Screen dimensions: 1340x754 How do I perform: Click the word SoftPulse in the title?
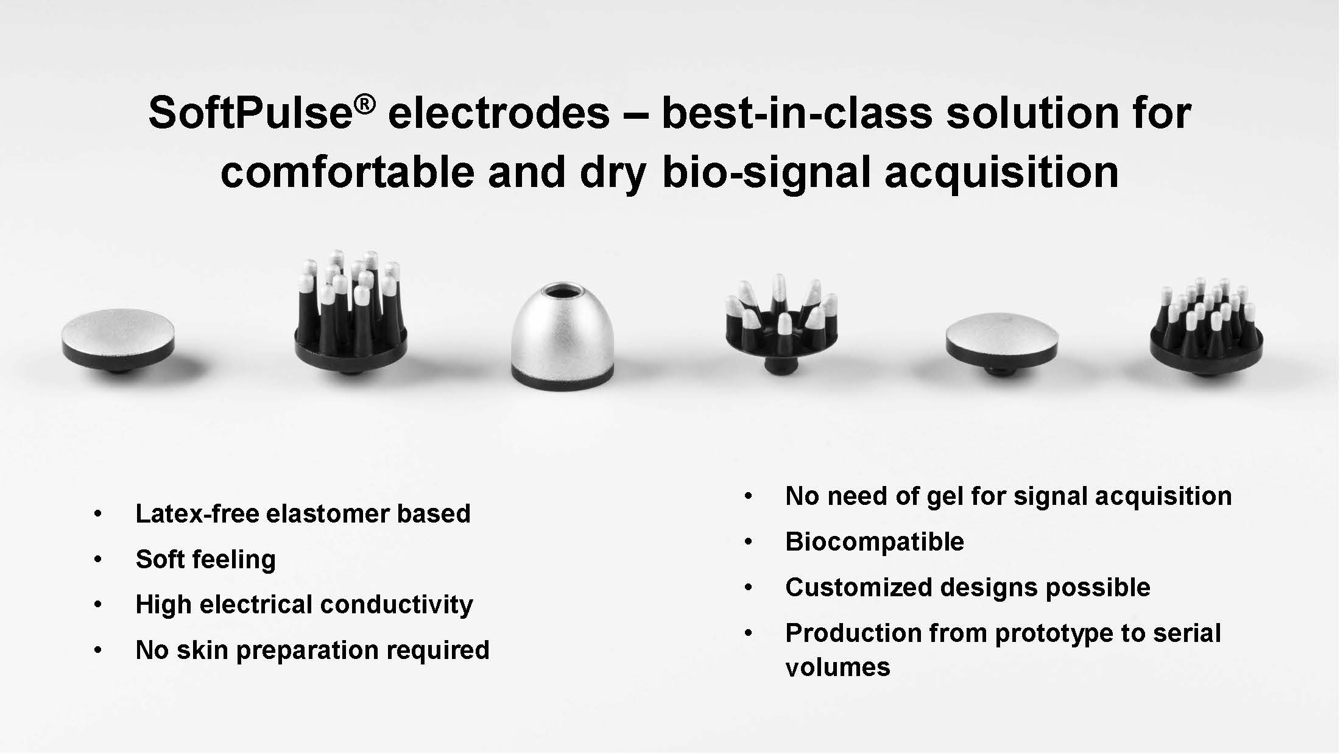(x=250, y=113)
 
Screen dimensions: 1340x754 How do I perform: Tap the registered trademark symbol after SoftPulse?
(x=364, y=104)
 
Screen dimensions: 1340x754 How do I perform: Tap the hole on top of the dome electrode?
(x=562, y=291)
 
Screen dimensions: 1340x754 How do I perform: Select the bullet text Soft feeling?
(x=206, y=560)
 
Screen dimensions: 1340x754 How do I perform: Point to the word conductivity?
(x=397, y=605)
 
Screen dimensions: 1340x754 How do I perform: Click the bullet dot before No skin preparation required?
(x=98, y=650)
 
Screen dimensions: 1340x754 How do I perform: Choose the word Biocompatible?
(x=875, y=542)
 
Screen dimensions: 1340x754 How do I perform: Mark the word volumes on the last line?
(x=838, y=668)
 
